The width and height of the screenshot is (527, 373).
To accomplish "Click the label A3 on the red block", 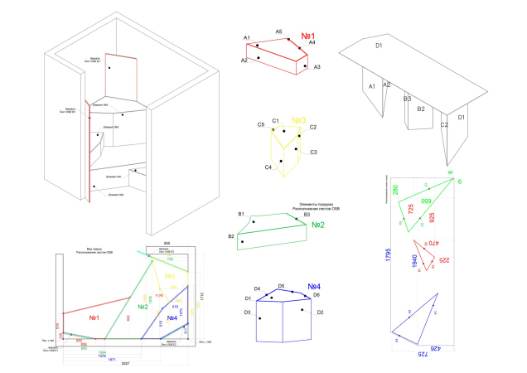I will (x=317, y=66).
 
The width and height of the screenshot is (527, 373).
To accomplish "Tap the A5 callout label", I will (x=279, y=31).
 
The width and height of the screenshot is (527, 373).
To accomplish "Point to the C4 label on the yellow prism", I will (x=268, y=167).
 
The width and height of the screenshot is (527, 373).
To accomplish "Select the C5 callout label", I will (x=260, y=125).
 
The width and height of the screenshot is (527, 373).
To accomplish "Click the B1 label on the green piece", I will (x=241, y=215).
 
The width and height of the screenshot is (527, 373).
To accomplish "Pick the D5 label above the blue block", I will (x=282, y=285).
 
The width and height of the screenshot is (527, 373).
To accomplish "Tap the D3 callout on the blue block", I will (x=248, y=312).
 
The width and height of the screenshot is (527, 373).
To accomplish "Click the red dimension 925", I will (x=432, y=221).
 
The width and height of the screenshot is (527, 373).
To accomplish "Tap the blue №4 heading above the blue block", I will (x=314, y=288).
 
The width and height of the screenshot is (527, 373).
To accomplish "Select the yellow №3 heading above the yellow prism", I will (x=299, y=119).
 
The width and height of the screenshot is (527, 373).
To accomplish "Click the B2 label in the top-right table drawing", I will (x=420, y=109).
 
